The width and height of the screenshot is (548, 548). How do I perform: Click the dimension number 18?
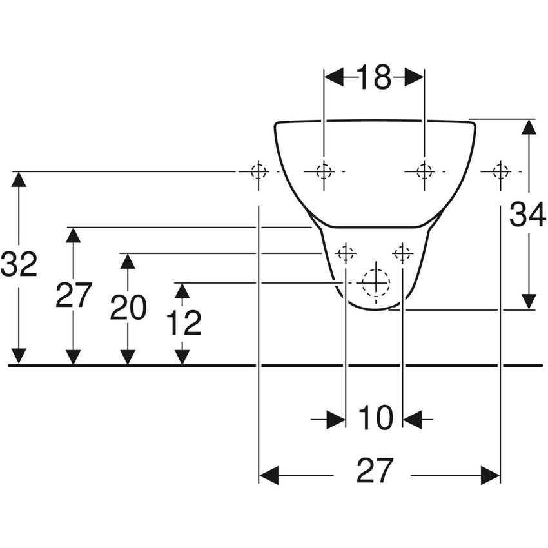(x=374, y=78)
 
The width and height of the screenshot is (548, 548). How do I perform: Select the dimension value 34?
(x=527, y=215)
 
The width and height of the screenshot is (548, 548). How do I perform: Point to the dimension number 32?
(x=19, y=264)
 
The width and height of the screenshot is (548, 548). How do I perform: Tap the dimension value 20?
(x=128, y=308)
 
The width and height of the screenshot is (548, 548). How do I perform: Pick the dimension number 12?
(x=183, y=323)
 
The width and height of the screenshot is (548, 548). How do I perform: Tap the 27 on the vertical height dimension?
(x=73, y=295)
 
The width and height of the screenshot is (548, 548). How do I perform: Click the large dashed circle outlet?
(x=375, y=282)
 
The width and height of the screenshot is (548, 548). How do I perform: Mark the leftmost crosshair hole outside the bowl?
(x=259, y=171)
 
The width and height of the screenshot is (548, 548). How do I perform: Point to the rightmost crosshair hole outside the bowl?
(x=500, y=171)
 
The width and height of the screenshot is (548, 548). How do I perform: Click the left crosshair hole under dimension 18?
(x=324, y=171)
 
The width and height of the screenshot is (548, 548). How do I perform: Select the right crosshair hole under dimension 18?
(x=424, y=171)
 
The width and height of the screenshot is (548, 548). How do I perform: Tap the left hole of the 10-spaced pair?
(x=346, y=253)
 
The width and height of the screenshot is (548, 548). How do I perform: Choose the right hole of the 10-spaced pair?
(x=403, y=253)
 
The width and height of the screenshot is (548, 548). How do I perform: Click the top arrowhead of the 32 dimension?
(x=19, y=179)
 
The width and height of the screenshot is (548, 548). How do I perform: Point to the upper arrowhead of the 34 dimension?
(x=529, y=126)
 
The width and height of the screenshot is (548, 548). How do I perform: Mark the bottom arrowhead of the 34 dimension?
(x=529, y=302)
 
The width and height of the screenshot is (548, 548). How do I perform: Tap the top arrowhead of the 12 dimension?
(x=182, y=291)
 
